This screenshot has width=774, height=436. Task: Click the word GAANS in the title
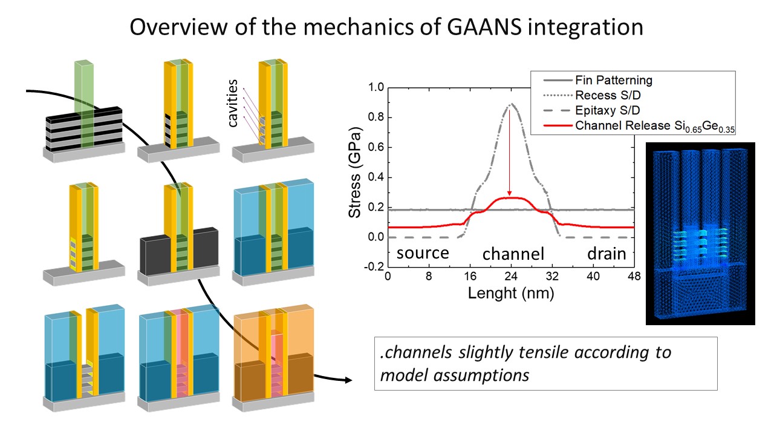coord(484,27)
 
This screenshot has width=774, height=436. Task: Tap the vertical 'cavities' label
coord(233,103)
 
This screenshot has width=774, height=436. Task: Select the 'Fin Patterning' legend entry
coord(598,81)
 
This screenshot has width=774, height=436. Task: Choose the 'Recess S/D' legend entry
coord(592,95)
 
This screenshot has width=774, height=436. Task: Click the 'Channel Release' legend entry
coord(639,126)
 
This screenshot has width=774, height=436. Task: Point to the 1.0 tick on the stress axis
coord(376,87)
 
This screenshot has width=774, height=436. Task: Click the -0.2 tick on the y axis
coord(374,267)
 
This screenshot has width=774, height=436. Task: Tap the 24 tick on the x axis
coord(511,276)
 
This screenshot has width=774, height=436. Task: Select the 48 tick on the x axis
coord(634,276)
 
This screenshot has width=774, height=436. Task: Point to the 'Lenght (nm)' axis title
coord(511,294)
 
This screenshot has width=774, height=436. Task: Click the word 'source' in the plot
coord(423,253)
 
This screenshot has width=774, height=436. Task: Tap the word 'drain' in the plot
coord(607,254)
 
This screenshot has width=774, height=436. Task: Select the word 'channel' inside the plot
coord(513,254)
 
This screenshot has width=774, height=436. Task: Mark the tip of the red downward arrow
coord(509,196)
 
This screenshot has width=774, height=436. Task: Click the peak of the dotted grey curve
coord(512,103)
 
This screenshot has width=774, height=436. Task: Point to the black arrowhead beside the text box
coord(348,380)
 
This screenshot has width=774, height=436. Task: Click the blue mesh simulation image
coord(700,234)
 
